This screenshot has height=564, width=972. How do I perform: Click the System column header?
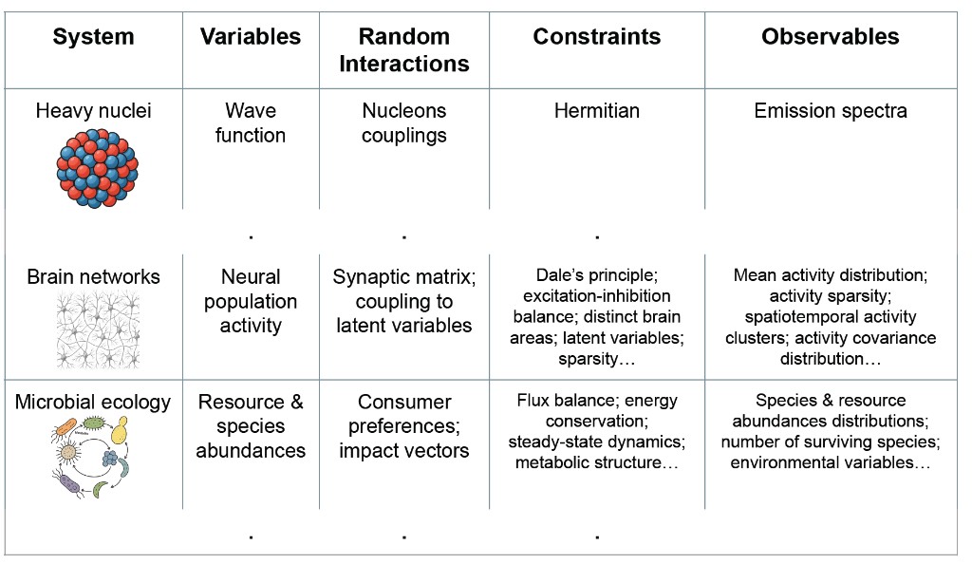pos(93,37)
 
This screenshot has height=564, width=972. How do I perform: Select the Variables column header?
pos(251,37)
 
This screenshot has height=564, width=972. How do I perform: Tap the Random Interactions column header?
pos(404,50)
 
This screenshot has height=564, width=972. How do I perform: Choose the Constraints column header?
pos(597,37)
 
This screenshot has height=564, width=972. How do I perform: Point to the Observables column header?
pos(830,37)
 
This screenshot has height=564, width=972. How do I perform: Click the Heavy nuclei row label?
pos(93,111)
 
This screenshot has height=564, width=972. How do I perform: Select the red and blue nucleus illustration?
pos(98,168)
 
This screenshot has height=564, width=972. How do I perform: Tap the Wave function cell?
pos(251,122)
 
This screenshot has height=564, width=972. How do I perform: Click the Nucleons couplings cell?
pos(404,122)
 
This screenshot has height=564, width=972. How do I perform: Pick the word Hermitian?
pos(597,111)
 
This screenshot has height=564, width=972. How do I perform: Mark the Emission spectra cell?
pos(831,111)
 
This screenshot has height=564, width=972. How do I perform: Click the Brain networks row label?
pos(93,276)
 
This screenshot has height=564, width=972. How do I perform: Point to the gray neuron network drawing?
pos(98,329)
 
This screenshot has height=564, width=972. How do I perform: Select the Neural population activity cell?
pos(251,301)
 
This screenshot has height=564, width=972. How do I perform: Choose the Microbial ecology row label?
pos(93,402)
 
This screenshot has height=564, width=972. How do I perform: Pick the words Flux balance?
pos(567,401)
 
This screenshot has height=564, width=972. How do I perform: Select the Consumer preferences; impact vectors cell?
pos(404,426)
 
